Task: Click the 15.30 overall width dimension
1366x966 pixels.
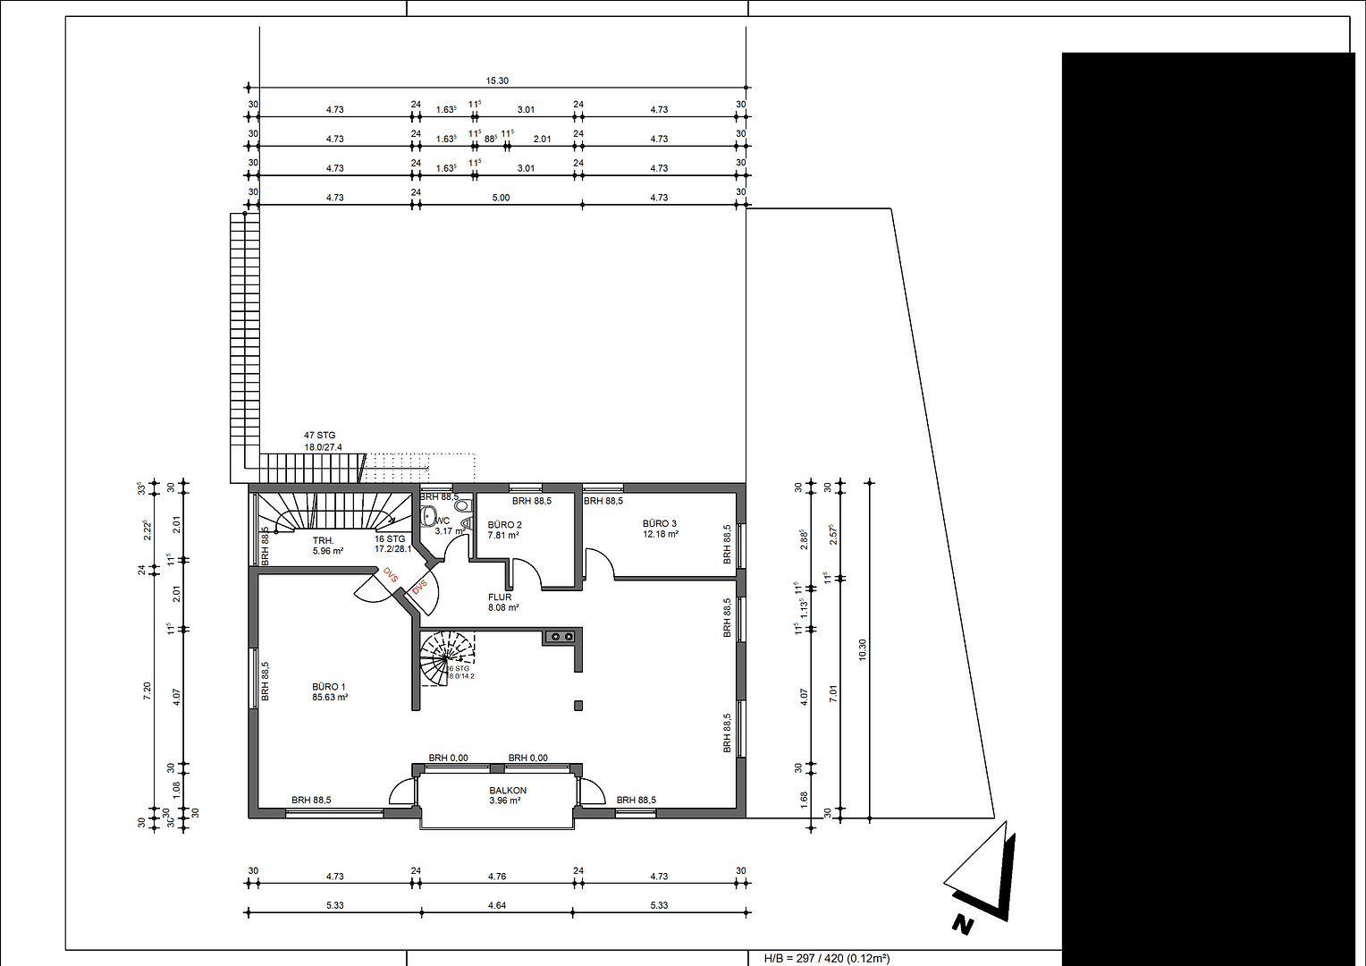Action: (x=497, y=80)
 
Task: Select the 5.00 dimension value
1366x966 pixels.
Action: (x=501, y=198)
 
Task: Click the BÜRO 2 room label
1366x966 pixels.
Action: (x=504, y=525)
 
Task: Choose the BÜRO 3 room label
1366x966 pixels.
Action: (x=660, y=523)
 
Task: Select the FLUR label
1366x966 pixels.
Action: (x=500, y=597)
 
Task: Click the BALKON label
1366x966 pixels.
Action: (x=508, y=791)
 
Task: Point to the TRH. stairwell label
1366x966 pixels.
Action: (x=323, y=540)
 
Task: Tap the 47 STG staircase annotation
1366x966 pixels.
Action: (x=320, y=436)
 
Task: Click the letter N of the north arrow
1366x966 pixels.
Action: (x=962, y=924)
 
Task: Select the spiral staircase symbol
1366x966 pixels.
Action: (x=447, y=658)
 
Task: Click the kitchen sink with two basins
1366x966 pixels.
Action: (x=561, y=637)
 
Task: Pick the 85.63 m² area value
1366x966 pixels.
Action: (x=330, y=697)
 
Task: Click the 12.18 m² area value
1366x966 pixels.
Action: (x=661, y=534)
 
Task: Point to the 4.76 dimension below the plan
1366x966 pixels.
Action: (x=497, y=877)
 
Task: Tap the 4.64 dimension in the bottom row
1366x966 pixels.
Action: (x=497, y=905)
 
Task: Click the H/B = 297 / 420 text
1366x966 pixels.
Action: (x=826, y=958)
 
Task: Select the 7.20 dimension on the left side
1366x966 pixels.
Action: (x=148, y=691)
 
